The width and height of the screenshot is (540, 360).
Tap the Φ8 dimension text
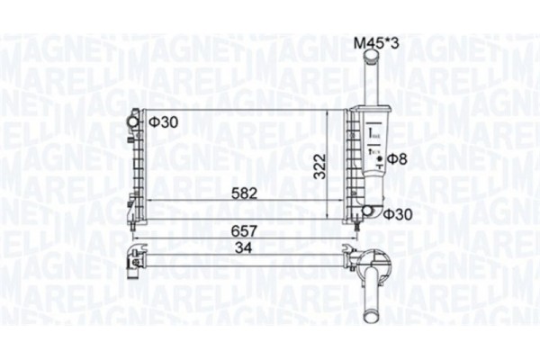point(398,160)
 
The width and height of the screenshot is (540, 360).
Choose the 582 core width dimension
point(231,192)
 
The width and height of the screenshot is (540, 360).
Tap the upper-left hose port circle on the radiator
point(135,118)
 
